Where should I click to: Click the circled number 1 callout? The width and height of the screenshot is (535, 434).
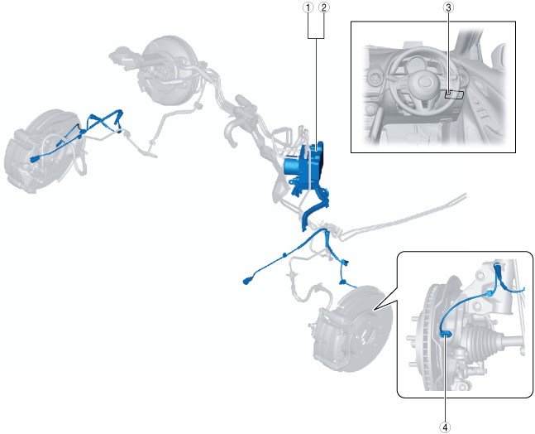[308, 7]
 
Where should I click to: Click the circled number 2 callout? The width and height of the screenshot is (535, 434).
[324, 7]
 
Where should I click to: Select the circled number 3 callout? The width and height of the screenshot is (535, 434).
[448, 7]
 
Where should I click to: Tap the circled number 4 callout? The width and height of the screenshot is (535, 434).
[445, 427]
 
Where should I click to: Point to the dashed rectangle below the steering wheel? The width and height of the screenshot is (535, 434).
[454, 94]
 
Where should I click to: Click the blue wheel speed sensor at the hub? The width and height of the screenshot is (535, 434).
[446, 335]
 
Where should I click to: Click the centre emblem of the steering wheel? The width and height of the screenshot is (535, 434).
[423, 82]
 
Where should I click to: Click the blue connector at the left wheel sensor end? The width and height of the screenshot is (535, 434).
[35, 158]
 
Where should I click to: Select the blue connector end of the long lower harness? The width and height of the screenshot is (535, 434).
[246, 282]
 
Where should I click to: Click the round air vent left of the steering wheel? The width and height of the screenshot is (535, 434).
[375, 79]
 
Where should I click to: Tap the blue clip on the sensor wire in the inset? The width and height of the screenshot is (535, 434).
[490, 293]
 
